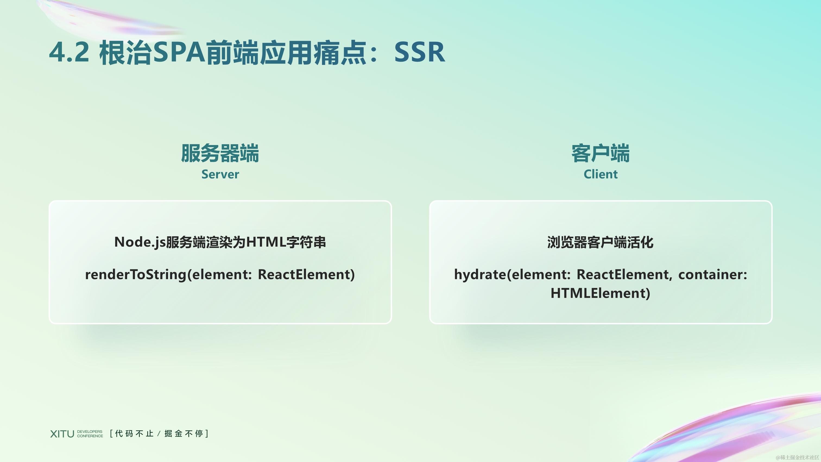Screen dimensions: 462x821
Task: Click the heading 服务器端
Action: pos(220,153)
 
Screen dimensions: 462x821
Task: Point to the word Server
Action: pos(220,174)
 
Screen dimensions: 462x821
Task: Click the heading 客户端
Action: pos(601,153)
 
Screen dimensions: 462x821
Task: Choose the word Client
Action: pos(601,174)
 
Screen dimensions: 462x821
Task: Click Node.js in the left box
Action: pos(140,242)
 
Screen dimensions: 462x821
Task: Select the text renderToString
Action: pos(135,275)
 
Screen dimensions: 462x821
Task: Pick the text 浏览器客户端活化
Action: pos(601,242)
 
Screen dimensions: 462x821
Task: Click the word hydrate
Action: pos(480,275)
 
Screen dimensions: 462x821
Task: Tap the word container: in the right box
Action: pos(713,275)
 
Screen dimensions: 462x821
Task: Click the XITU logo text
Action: pos(62,434)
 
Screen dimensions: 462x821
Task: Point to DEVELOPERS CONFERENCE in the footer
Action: pos(90,434)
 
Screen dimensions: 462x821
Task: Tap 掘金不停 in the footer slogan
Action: pos(184,434)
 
